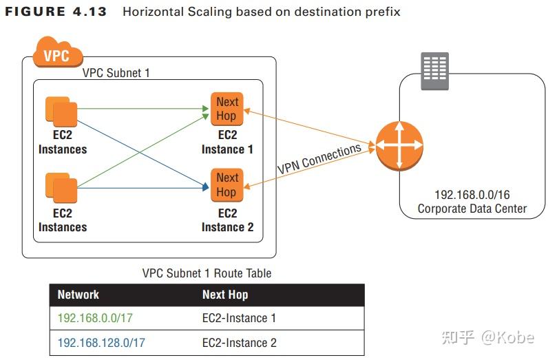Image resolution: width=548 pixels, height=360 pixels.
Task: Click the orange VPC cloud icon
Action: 56,53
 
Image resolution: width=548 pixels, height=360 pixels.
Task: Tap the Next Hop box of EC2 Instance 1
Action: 226,109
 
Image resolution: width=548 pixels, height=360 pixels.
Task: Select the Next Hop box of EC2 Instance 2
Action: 226,184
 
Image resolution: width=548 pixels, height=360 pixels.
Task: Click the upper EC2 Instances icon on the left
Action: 61,112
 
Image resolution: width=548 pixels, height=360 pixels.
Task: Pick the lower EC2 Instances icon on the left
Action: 61,189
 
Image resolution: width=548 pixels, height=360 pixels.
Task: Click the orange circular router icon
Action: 399,146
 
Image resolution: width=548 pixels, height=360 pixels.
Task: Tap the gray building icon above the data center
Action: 434,70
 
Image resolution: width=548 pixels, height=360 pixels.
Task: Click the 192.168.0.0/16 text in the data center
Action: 472,195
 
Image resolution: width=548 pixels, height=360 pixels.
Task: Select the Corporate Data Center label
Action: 472,209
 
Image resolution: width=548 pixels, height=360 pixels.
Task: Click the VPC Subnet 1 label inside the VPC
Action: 116,73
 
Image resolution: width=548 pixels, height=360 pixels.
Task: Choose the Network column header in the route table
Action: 78,295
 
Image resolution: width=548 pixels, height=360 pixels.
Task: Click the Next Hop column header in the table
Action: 225,295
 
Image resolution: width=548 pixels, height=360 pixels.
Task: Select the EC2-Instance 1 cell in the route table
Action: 239,319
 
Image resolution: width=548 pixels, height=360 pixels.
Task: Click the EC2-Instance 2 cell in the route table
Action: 239,342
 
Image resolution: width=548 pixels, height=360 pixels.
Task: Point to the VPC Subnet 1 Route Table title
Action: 207,273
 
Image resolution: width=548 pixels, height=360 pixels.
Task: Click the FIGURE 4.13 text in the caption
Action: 56,12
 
